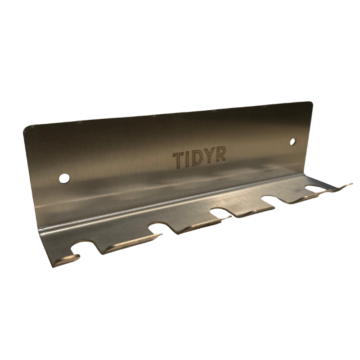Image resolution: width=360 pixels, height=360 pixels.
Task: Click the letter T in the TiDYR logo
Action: coord(178,160)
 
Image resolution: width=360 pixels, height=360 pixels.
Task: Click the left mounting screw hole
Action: coord(64,178)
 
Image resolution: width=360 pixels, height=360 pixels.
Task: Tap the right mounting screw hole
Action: coord(292,142)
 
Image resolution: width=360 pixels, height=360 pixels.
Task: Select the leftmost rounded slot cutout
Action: coord(84,246)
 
